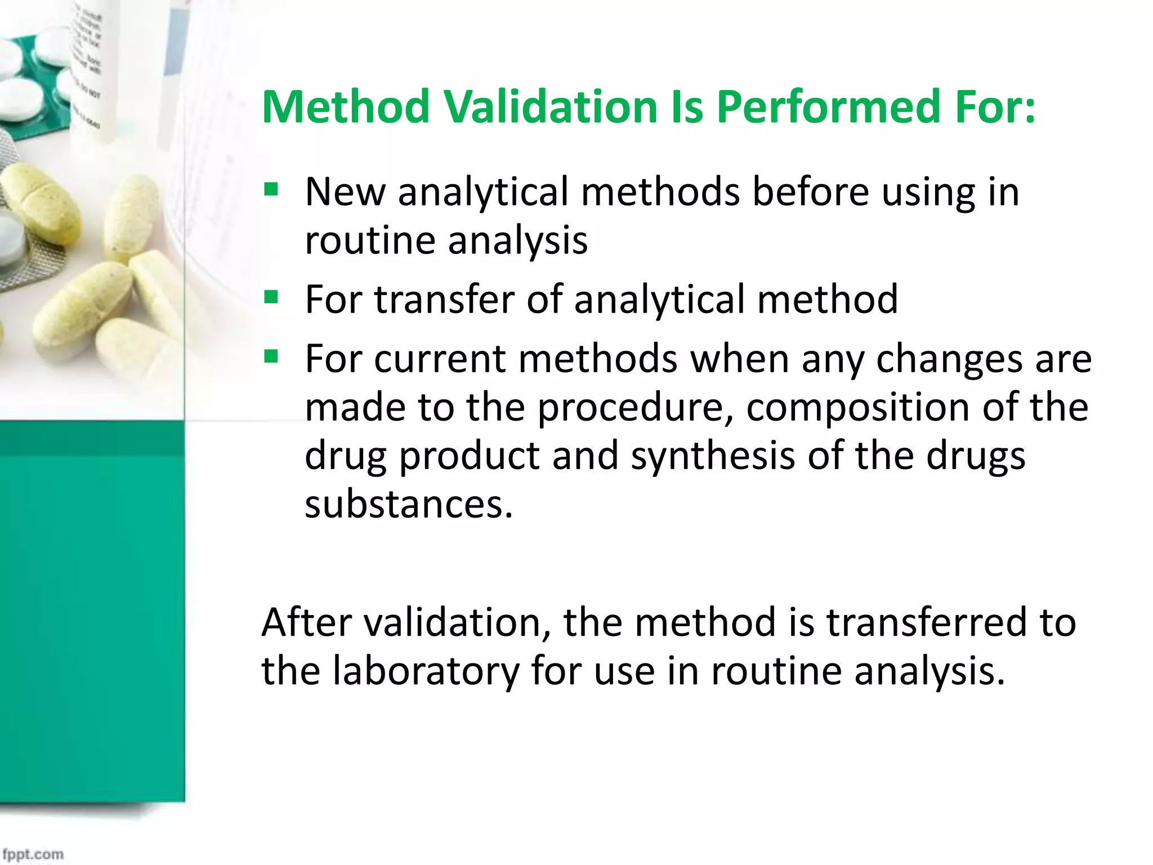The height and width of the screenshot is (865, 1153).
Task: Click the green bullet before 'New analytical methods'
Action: point(271,189)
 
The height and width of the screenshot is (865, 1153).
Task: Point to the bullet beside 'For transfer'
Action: point(271,296)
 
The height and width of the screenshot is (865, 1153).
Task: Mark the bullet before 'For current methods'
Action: point(271,356)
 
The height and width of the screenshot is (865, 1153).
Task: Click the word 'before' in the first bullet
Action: point(811,191)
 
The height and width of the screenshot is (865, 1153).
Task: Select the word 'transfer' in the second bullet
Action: point(444,299)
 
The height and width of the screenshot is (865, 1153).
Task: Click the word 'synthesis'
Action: point(712,456)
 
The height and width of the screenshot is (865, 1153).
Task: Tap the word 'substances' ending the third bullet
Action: point(408,504)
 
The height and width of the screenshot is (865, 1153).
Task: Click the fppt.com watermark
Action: point(33,854)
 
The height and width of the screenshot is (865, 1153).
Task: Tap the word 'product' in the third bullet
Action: point(470,456)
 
